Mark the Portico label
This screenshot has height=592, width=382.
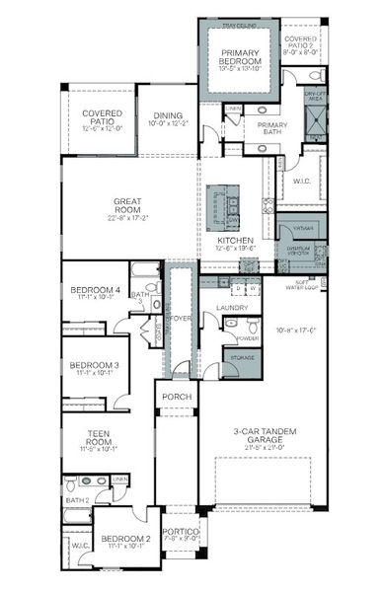(180, 534)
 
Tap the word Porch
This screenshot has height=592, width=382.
(177, 398)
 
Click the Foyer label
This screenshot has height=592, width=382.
(180, 318)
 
